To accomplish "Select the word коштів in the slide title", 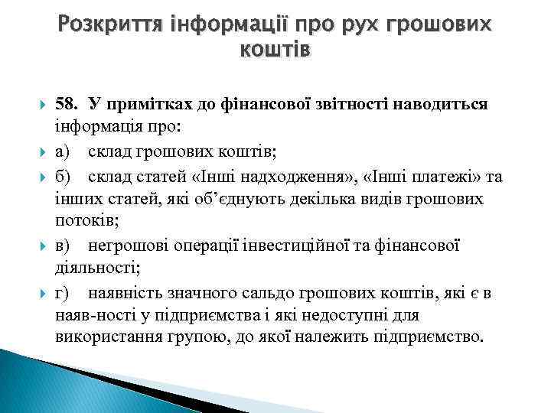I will (x=275, y=50).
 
